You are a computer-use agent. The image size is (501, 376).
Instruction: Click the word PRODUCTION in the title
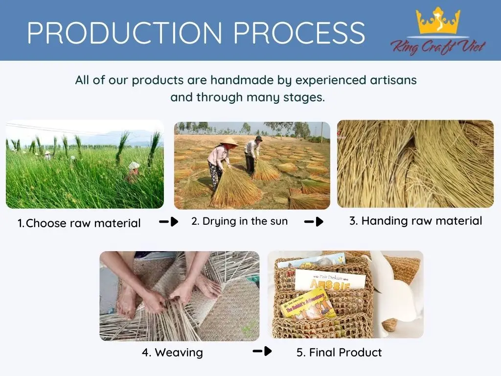pyautogui.click(x=125, y=33)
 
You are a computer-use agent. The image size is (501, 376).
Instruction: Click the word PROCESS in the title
pyautogui.click(x=299, y=33)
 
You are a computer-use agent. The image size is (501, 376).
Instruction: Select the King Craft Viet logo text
pyautogui.click(x=438, y=47)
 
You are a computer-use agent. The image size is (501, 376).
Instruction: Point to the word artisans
pyautogui.click(x=393, y=80)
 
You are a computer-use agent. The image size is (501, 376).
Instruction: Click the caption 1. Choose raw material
pyautogui.click(x=79, y=223)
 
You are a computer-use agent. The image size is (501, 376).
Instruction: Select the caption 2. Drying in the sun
pyautogui.click(x=240, y=221)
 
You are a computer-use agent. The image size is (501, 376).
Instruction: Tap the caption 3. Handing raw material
pyautogui.click(x=415, y=221)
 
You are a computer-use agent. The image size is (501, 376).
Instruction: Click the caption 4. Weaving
pyautogui.click(x=173, y=352)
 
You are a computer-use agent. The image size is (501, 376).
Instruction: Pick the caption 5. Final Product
pyautogui.click(x=339, y=352)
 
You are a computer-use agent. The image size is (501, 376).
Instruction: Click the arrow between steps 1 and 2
pyautogui.click(x=169, y=222)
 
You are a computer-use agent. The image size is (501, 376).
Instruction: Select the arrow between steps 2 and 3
pyautogui.click(x=314, y=222)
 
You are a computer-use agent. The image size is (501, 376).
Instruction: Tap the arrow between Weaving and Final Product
pyautogui.click(x=262, y=351)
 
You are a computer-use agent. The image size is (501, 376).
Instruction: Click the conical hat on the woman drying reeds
pyautogui.click(x=229, y=142)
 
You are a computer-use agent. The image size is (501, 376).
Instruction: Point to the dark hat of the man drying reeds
pyautogui.click(x=258, y=139)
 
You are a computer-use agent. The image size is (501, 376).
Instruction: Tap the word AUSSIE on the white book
pyautogui.click(x=330, y=284)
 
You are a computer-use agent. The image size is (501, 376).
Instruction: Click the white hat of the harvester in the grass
pyautogui.click(x=134, y=165)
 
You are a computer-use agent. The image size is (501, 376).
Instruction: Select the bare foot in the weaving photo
pyautogui.click(x=127, y=302)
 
